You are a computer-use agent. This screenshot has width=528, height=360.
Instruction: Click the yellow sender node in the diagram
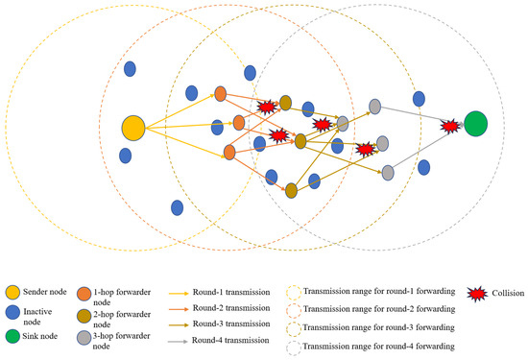133,127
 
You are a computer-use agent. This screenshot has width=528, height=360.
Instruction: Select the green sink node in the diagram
476,124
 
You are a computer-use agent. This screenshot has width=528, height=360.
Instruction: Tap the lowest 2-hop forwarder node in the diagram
291,190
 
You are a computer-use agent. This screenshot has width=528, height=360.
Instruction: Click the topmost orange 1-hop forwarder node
220,94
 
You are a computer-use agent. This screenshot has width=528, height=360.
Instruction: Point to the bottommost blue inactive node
177,206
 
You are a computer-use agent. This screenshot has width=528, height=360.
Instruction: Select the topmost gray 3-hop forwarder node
375,106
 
